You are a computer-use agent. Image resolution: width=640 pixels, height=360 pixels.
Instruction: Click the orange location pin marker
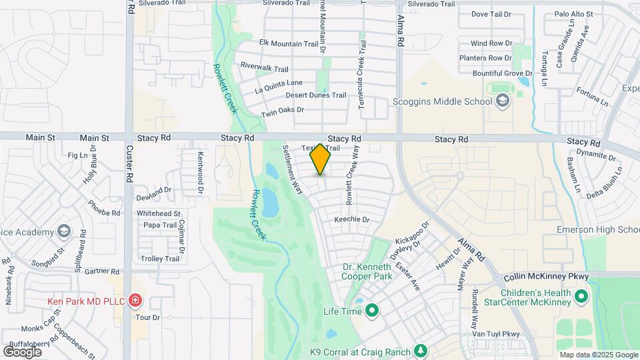click(x=321, y=159)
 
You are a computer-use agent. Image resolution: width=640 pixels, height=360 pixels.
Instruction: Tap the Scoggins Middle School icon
click(x=503, y=101)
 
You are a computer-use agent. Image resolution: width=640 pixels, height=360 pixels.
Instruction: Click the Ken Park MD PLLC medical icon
click(x=135, y=301)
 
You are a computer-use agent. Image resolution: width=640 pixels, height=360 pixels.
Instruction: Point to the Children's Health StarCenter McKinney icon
click(x=581, y=295)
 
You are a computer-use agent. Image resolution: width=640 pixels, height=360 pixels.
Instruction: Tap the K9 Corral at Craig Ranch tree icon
click(x=420, y=351)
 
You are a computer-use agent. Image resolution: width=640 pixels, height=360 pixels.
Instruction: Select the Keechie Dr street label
click(x=351, y=219)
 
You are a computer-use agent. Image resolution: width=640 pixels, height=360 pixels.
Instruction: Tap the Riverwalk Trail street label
click(x=265, y=68)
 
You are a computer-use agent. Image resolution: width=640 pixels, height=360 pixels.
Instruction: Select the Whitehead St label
click(x=159, y=213)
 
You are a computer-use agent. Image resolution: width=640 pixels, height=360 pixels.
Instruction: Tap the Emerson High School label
click(x=598, y=230)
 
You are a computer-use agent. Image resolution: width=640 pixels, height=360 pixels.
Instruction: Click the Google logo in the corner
click(x=22, y=351)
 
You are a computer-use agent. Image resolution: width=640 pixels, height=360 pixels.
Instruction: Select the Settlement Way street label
click(x=294, y=169)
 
